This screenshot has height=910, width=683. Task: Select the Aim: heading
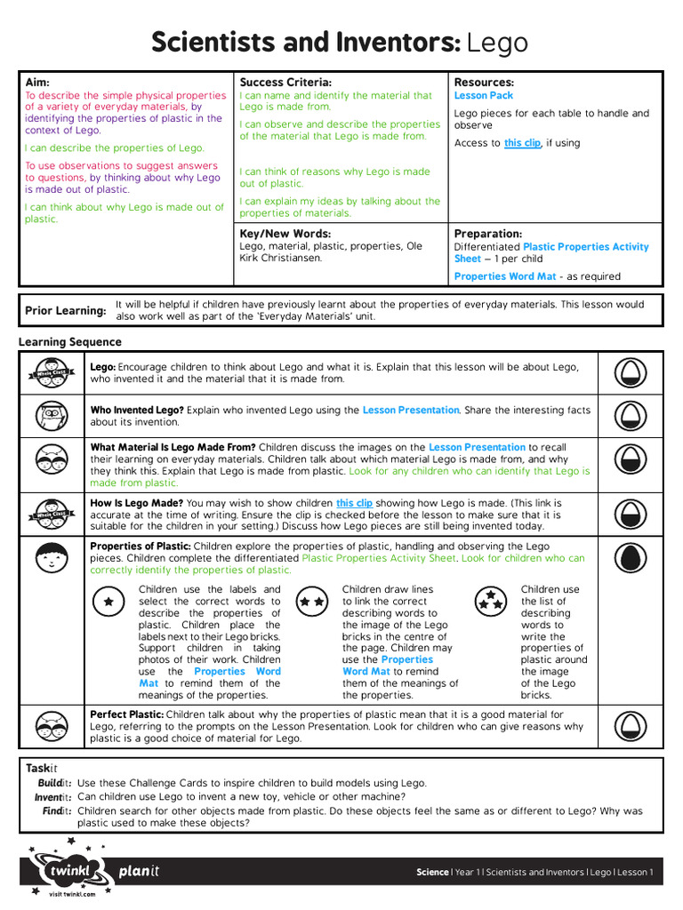coord(37,82)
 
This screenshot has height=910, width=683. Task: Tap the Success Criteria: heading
coord(285,82)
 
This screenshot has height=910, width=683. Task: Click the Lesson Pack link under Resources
coord(484,95)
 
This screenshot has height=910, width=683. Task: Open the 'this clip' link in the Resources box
coord(522,143)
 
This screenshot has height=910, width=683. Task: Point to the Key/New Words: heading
coord(285,233)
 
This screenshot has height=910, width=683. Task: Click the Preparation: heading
coord(488,234)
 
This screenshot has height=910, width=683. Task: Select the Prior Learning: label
coord(65,310)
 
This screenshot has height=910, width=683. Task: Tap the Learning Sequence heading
coord(70,342)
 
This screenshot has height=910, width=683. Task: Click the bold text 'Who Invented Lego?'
coord(137,410)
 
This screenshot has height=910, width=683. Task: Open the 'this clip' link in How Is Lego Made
coord(354,503)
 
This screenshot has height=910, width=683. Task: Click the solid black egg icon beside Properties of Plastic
coord(630,557)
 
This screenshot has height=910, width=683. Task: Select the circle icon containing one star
coord(108,602)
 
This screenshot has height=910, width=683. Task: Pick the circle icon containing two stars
coord(311,602)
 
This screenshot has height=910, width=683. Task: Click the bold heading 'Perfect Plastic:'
coord(126,714)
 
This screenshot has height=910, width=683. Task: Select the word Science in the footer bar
coord(432,873)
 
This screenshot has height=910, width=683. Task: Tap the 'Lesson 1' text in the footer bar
coord(635,873)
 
